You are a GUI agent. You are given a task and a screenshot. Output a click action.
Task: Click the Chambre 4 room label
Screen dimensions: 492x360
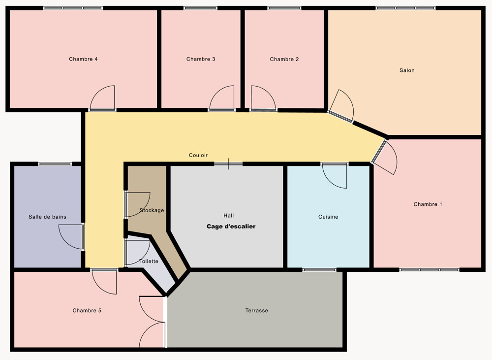(83, 59)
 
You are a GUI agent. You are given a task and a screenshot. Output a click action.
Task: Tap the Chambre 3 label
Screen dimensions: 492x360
(201, 59)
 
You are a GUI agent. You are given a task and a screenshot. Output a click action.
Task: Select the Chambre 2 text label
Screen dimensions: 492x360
(284, 59)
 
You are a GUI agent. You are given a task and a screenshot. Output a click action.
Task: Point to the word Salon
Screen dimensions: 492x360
(407, 70)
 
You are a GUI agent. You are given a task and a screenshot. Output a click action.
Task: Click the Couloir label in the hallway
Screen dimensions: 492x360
(198, 155)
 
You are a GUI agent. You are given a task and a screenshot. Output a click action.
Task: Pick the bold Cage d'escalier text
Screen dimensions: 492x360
(231, 227)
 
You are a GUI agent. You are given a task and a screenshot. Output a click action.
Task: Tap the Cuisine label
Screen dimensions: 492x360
(328, 217)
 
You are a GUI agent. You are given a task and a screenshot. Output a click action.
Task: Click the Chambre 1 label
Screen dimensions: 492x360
(428, 204)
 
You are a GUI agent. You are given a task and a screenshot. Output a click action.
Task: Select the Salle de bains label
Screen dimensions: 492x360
(47, 217)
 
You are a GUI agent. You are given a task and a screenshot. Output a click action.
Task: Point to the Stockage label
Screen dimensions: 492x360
(152, 210)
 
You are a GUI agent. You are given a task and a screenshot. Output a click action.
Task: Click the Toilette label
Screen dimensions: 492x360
(149, 262)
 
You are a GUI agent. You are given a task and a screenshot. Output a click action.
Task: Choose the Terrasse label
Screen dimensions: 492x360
(257, 310)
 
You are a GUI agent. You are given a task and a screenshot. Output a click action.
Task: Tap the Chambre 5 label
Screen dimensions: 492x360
(87, 310)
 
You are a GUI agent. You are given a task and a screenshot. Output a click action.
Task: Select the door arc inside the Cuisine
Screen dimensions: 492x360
(330, 181)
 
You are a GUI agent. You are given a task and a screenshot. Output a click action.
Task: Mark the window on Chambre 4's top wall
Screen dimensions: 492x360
(73, 8)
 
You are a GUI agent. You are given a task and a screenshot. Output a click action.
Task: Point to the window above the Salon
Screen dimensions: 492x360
(405, 8)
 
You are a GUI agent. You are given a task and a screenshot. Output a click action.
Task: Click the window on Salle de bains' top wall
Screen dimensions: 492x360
(55, 164)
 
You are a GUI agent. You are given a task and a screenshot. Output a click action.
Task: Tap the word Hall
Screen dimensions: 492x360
(228, 216)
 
